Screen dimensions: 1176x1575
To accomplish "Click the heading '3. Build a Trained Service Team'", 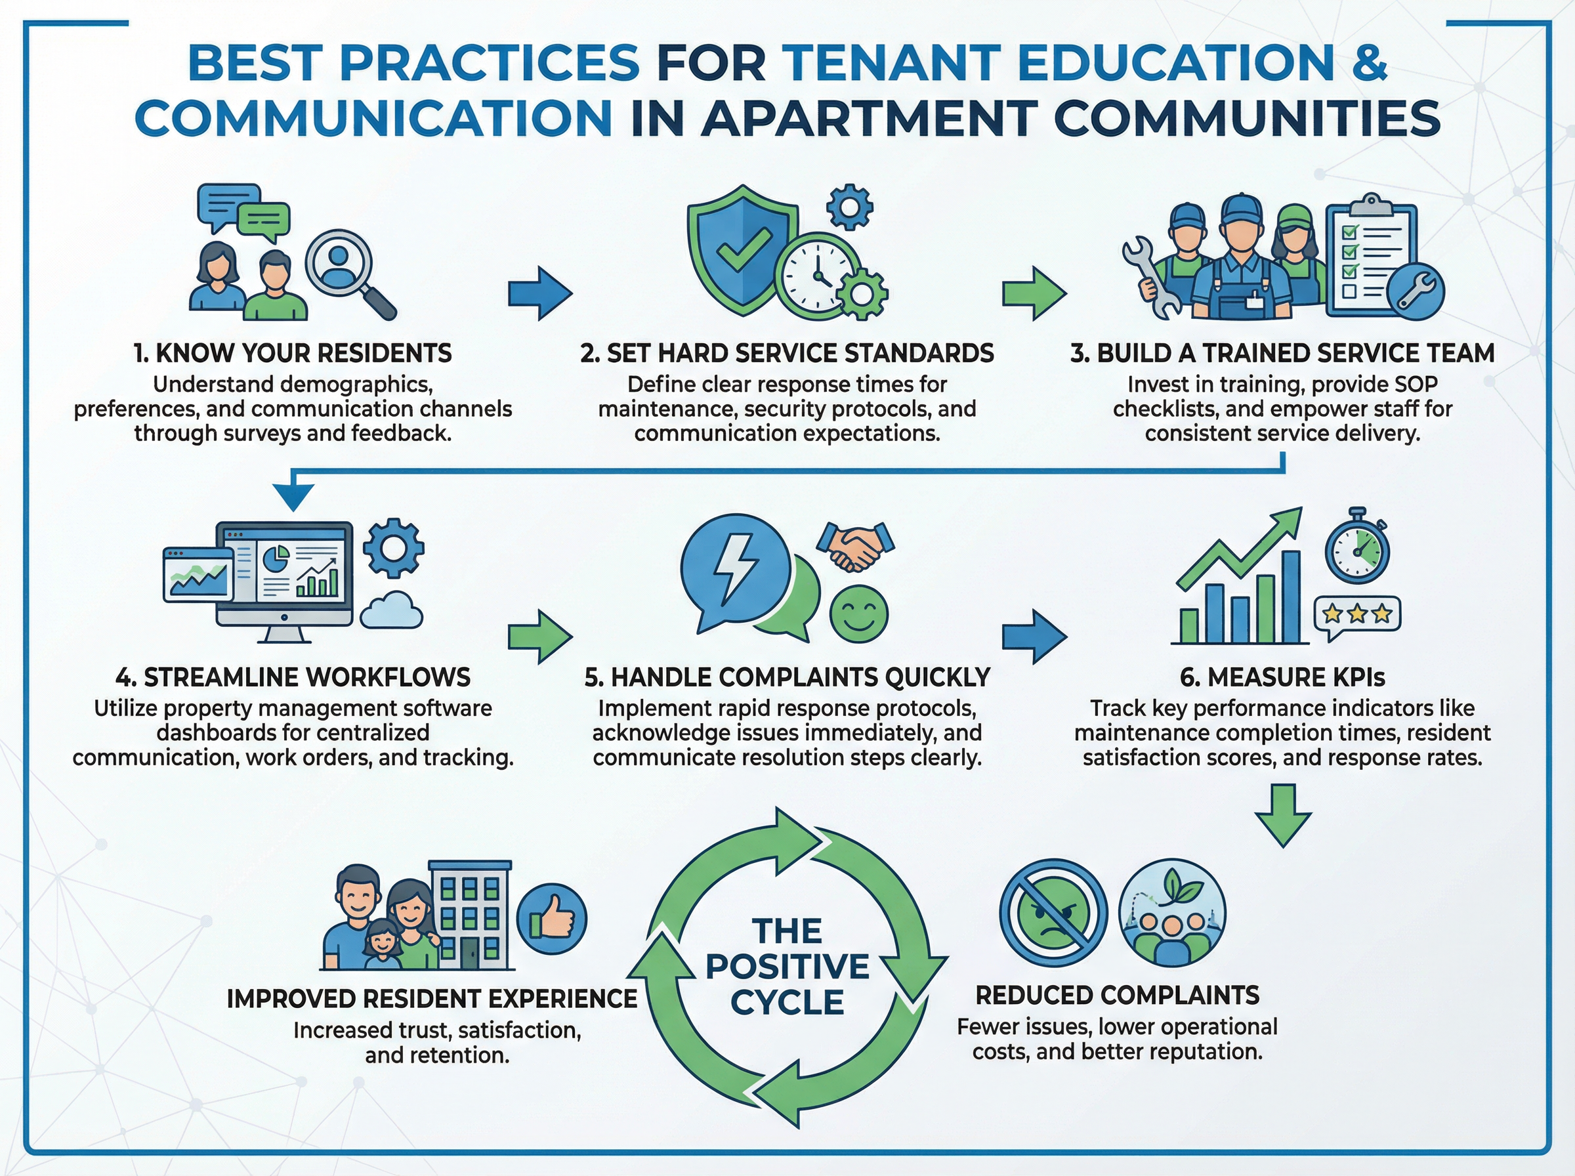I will point(1282,353).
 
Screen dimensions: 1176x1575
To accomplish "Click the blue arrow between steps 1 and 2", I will point(539,293).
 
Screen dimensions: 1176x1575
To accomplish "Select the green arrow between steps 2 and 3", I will point(1034,293).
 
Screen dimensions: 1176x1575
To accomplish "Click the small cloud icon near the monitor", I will point(390,611).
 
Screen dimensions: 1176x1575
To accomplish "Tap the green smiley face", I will point(859,613).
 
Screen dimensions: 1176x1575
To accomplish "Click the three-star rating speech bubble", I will point(1357,614).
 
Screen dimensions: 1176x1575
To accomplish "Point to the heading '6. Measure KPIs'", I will point(1282,677).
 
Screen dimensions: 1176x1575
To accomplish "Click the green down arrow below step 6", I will point(1283,815).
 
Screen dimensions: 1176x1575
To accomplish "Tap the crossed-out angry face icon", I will point(1053,913).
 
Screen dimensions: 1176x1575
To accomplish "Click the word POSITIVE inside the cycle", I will point(787,967).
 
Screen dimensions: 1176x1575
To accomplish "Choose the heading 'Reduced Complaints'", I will point(1118,995).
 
